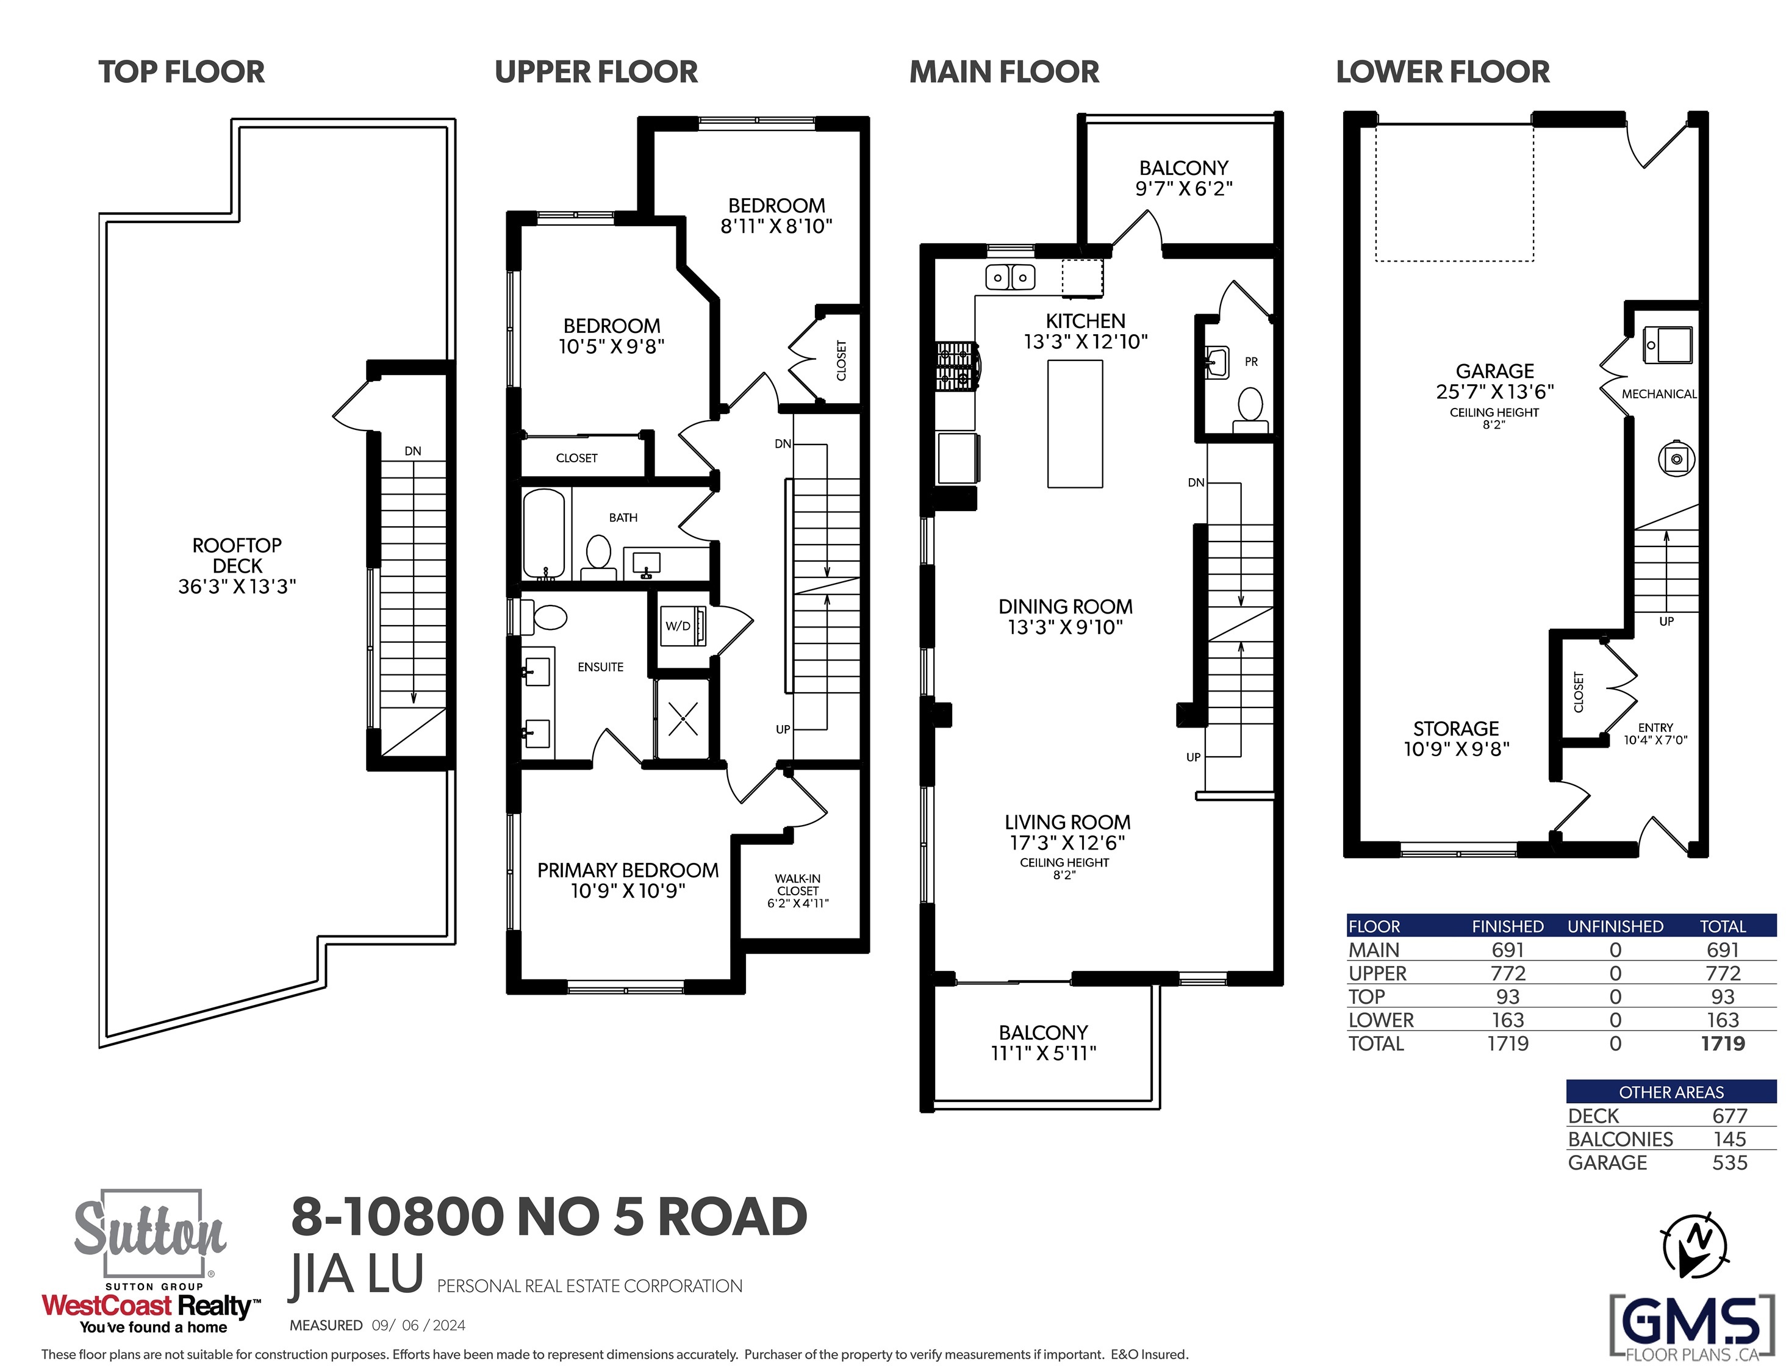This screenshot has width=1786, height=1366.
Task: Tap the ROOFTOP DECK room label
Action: pyautogui.click(x=237, y=556)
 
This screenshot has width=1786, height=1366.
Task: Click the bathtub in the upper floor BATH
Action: pyautogui.click(x=543, y=534)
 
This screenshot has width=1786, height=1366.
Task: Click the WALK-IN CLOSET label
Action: pyautogui.click(x=798, y=885)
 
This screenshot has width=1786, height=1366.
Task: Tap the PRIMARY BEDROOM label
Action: pyautogui.click(x=628, y=871)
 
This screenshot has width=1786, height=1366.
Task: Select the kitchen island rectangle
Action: pyautogui.click(x=1075, y=424)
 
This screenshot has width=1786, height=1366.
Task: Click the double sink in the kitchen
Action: pyautogui.click(x=1010, y=277)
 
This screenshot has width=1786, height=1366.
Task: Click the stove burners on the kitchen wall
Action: pyautogui.click(x=957, y=367)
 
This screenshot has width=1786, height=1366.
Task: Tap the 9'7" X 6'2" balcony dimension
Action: pyautogui.click(x=1184, y=188)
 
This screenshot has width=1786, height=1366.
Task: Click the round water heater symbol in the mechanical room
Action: pyautogui.click(x=1676, y=459)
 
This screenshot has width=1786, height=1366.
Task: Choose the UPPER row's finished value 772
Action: pyautogui.click(x=1508, y=973)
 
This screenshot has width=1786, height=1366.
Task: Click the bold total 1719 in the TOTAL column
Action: pyautogui.click(x=1723, y=1043)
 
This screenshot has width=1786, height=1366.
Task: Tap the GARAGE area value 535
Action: pyautogui.click(x=1729, y=1163)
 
